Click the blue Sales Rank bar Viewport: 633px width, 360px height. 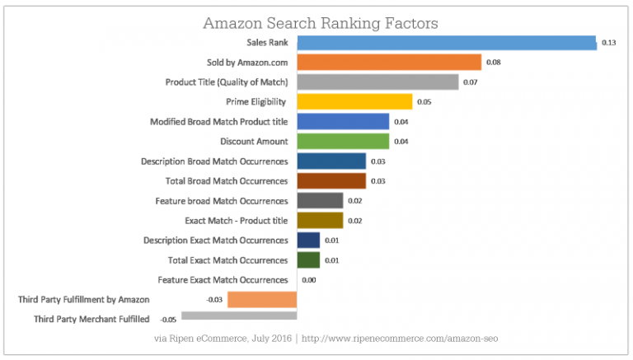[446, 42]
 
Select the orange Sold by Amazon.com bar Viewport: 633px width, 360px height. [388, 62]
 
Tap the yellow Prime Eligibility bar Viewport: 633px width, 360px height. [354, 101]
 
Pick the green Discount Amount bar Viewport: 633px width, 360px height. [342, 141]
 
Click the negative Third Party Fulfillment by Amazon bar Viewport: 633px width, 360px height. [261, 299]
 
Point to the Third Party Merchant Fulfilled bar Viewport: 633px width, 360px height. [238, 316]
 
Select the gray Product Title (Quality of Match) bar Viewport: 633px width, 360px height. [377, 82]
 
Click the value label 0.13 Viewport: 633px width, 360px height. [610, 42]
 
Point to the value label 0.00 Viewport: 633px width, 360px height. [310, 280]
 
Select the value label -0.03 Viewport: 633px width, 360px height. [215, 299]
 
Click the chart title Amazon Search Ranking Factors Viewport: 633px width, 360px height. [320, 20]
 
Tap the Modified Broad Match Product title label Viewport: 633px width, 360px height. [218, 121]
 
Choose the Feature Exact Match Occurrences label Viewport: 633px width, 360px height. [222, 280]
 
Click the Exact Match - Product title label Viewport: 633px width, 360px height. [237, 220]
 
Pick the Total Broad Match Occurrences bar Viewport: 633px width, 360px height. [331, 180]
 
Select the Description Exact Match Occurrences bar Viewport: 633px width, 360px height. [307, 240]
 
